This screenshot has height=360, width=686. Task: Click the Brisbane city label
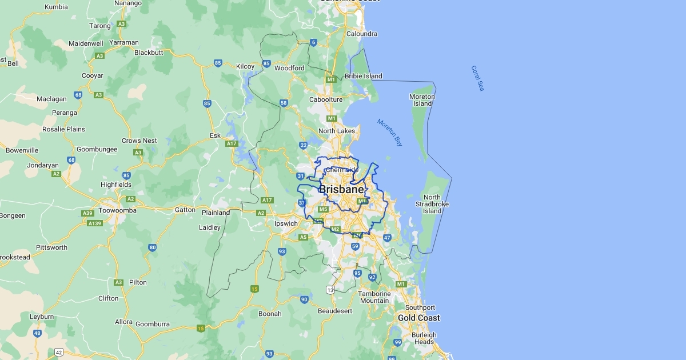click(341, 189)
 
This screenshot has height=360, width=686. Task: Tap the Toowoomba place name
click(117, 210)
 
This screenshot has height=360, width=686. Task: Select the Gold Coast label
click(419, 318)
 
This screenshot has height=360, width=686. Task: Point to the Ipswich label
click(286, 223)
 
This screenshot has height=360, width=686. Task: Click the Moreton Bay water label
click(390, 132)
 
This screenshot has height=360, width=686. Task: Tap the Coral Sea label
click(477, 78)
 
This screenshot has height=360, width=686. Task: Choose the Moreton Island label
click(422, 100)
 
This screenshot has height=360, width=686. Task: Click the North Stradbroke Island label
click(432, 204)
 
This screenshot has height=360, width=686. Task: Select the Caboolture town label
click(326, 99)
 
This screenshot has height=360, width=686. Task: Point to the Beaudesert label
click(335, 311)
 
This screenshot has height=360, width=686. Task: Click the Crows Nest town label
click(139, 141)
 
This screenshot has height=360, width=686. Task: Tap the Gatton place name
click(185, 210)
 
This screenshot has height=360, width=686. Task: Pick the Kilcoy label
click(245, 66)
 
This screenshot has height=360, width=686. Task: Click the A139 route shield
click(94, 223)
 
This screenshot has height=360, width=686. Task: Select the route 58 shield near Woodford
click(284, 103)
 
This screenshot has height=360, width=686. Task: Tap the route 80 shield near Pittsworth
click(152, 247)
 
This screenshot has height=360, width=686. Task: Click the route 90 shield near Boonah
click(304, 299)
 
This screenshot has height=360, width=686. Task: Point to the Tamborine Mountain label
click(374, 297)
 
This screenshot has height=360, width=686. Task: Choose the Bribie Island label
click(364, 76)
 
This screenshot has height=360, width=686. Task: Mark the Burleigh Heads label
click(424, 338)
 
